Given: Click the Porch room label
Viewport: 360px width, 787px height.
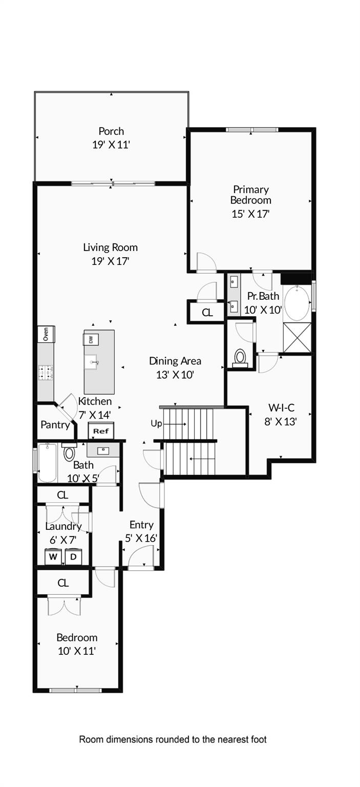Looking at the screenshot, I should [111, 131].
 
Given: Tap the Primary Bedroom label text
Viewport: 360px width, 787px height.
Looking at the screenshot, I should [250, 195].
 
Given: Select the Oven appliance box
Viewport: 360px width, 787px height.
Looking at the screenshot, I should [46, 335].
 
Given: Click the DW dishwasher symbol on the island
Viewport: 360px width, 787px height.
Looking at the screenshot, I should [91, 339].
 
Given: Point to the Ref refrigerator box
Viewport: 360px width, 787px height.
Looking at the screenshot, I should [101, 431].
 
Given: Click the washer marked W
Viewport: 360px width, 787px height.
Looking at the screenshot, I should [53, 556].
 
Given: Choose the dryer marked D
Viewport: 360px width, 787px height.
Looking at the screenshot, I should [73, 556].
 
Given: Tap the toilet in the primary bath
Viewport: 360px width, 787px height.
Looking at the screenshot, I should [240, 357].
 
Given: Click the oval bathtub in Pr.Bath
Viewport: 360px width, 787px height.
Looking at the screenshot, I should [297, 303].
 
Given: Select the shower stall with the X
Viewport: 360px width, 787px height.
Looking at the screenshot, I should [297, 338].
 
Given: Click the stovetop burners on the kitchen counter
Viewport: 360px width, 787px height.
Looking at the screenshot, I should [46, 371].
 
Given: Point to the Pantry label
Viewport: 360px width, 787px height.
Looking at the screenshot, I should [55, 425].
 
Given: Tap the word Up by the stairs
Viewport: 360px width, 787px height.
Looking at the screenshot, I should [156, 424].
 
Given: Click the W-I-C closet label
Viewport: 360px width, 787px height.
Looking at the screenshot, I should [280, 408].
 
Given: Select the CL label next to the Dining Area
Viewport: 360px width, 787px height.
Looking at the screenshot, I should [207, 313].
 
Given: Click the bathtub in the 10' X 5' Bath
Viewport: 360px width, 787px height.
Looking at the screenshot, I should [48, 463].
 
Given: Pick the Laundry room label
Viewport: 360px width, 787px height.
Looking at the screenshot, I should [63, 526].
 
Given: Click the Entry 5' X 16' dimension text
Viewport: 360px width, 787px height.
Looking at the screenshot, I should [141, 538].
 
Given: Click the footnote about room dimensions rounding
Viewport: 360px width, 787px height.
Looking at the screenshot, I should [173, 739].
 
